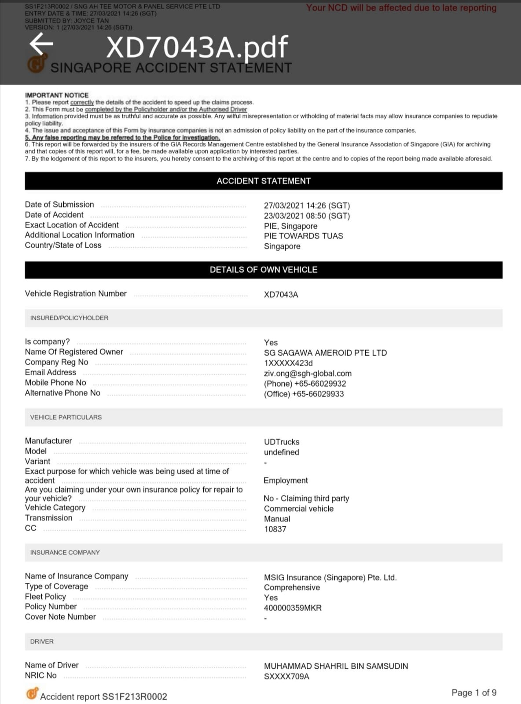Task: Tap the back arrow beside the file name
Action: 41,44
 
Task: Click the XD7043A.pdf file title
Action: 197,47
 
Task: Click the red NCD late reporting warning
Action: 401,8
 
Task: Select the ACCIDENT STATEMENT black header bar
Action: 263,181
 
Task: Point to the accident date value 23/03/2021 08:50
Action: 307,216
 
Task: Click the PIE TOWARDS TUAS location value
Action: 303,236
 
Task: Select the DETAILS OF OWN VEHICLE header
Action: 263,270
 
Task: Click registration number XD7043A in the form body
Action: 281,294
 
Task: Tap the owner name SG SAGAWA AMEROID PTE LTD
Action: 325,353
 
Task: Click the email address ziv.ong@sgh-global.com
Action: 308,373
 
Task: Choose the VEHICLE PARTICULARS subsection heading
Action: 66,417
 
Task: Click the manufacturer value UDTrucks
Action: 282,442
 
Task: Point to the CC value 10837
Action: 275,529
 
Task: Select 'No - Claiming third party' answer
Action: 306,498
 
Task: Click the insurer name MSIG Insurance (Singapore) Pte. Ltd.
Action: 330,577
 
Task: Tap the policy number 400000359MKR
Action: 293,608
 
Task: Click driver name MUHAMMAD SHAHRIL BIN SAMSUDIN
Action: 336,666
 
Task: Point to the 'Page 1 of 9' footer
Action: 474,693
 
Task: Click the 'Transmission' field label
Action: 48,518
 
